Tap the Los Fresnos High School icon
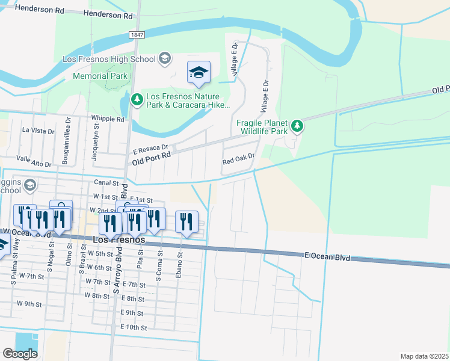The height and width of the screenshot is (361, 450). (165, 59)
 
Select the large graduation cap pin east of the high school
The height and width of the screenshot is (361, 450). (199, 73)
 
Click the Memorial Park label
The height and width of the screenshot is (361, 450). (100, 76)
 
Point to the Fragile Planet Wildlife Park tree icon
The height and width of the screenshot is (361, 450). (297, 126)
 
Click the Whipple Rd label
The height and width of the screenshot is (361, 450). (108, 119)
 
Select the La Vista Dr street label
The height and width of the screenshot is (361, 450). (38, 130)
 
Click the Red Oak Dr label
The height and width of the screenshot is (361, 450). (239, 162)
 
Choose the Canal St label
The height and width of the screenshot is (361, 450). (106, 182)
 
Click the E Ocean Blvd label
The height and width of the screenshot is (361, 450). (327, 257)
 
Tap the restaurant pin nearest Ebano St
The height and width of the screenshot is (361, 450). (186, 222)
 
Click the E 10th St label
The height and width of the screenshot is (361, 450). (134, 327)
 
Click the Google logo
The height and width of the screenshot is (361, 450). (20, 354)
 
